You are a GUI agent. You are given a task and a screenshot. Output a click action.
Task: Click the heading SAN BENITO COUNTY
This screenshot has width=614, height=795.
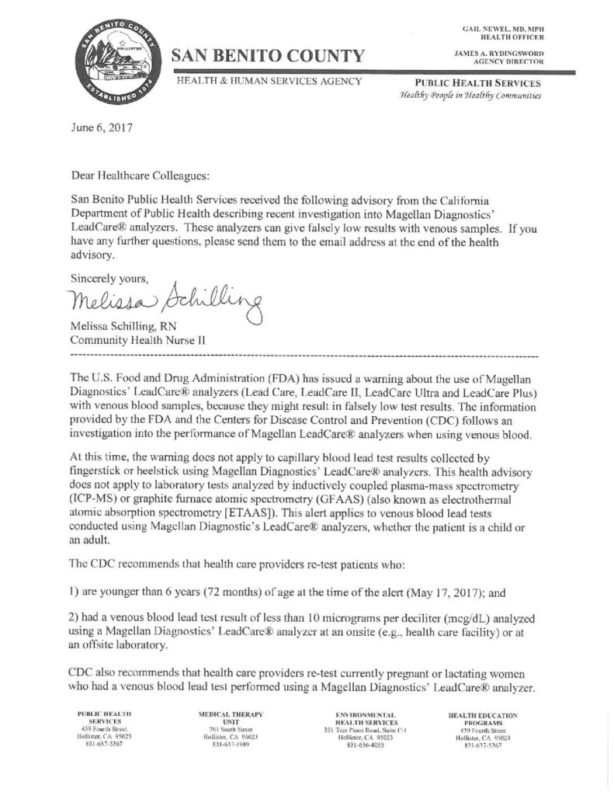[x=268, y=56]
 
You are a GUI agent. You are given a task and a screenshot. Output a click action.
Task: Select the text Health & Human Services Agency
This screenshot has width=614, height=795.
[x=270, y=81]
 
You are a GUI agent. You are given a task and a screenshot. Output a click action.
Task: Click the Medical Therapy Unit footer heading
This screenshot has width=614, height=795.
[x=232, y=716]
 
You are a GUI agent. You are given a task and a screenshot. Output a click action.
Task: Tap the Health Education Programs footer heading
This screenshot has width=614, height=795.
[x=482, y=716]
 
